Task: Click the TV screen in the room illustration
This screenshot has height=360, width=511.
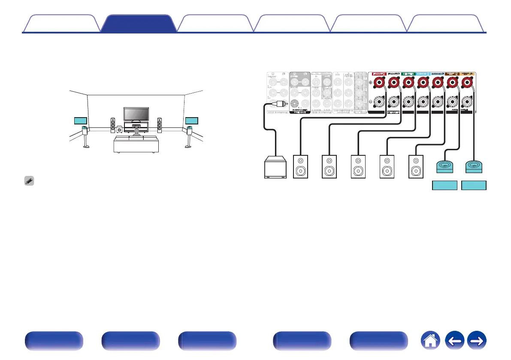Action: click(137, 114)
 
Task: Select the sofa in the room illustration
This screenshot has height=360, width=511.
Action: click(136, 145)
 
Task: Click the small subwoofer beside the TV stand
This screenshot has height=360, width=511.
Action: click(118, 128)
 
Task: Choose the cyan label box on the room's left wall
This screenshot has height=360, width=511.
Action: click(81, 120)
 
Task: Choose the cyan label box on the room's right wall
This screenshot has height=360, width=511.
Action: click(192, 120)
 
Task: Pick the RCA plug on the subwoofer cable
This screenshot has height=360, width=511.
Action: click(280, 104)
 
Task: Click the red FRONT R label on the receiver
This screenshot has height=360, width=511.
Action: click(379, 73)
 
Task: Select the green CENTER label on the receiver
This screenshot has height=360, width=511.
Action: click(408, 73)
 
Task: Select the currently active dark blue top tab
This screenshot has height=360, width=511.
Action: click(138, 24)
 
